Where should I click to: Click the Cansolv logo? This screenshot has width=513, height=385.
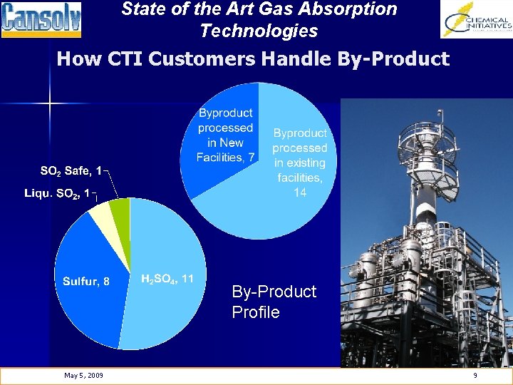point(41,19)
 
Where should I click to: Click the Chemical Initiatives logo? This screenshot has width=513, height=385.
point(476,19)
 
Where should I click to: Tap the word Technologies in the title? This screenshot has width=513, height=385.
point(259,31)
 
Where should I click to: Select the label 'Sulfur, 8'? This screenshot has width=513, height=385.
point(86,281)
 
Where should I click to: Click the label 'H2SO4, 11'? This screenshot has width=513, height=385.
point(169,278)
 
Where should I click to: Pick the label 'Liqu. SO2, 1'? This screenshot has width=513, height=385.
point(57,193)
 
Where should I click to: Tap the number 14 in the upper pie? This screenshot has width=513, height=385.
point(300,192)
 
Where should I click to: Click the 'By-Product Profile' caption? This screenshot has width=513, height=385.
point(274,302)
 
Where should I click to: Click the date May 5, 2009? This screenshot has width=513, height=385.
point(83,376)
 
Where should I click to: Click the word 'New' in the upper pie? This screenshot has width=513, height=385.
point(231,143)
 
